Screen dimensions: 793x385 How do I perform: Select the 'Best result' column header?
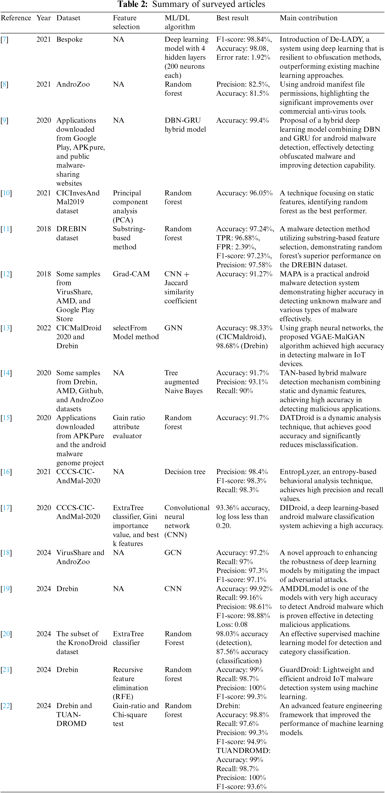coord(232,18)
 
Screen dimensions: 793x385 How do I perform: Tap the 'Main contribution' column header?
coord(308,18)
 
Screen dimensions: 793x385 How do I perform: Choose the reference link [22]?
coord(6,706)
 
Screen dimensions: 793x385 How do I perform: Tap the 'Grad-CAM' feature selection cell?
coord(131,274)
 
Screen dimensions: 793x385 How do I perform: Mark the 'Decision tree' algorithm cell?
coord(185,472)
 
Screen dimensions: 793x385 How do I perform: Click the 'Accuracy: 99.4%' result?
coord(242,120)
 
